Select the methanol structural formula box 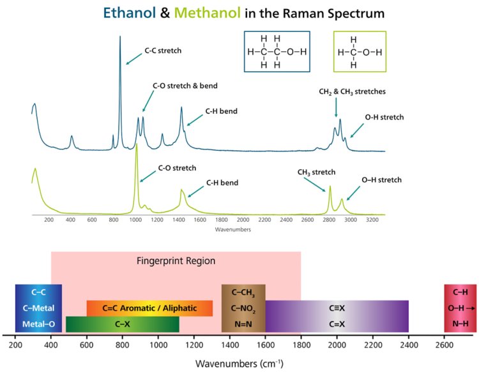(x=362, y=51)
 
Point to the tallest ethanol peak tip (x=120, y=38)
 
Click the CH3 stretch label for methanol (x=316, y=172)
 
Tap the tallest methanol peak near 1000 (x=136, y=146)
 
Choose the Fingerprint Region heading (x=176, y=261)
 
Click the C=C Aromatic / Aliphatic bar (x=149, y=308)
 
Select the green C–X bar (x=123, y=324)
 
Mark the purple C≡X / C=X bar (x=337, y=316)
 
